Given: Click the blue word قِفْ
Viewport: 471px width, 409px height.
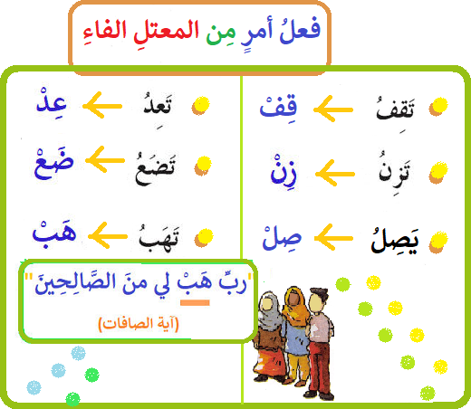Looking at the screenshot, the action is [278, 108].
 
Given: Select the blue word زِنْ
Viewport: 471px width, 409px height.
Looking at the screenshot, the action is [284, 170].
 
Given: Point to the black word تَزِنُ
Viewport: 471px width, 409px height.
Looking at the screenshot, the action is [394, 169].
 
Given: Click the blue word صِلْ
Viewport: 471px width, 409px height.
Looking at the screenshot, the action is [282, 238].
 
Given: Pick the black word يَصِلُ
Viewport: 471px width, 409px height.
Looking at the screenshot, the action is [395, 241].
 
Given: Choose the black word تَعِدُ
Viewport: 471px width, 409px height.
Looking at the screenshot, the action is [158, 106].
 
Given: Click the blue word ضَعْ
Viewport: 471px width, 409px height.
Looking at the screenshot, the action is [53, 164].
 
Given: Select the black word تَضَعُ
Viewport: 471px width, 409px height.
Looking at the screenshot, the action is [155, 169].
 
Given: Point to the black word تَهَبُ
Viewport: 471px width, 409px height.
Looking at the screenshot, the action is [159, 238].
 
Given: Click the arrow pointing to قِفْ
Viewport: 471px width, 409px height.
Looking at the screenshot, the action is [333, 109].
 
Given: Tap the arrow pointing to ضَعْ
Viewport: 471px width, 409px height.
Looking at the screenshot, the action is [105, 160].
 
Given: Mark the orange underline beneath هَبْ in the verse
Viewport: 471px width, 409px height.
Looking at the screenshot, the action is [195, 302].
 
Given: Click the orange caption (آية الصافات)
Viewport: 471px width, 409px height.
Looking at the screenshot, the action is [139, 324].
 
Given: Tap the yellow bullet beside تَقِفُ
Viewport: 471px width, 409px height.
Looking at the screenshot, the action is [438, 106].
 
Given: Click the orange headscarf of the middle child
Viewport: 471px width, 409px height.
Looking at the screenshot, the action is [294, 305].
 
